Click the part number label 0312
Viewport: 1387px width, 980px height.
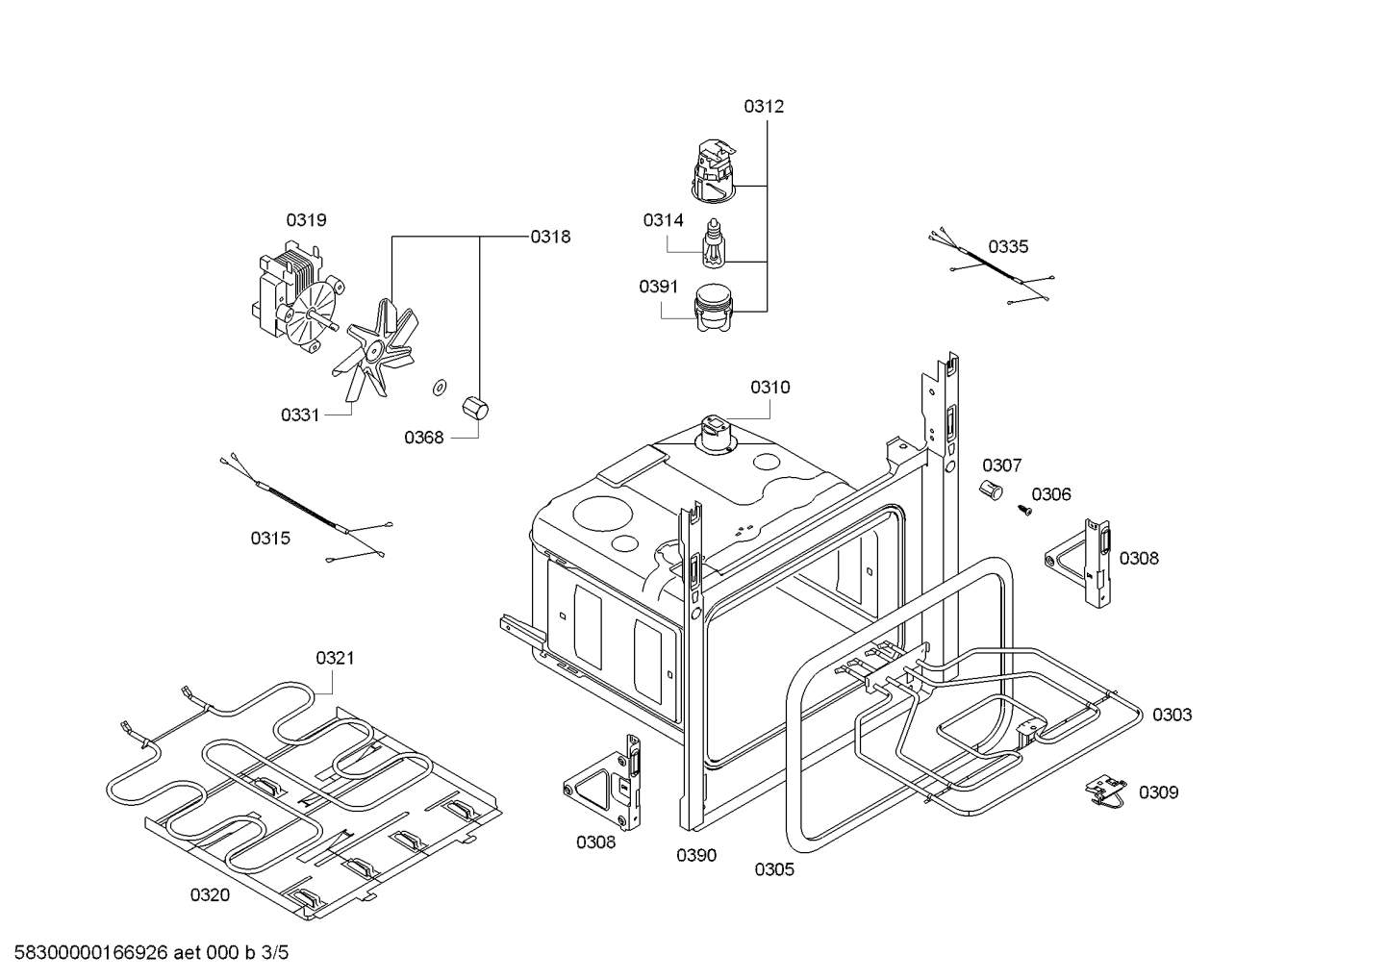[x=764, y=107]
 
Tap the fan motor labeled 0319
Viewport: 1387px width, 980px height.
[x=297, y=297]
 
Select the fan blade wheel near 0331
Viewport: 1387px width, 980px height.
[x=375, y=347]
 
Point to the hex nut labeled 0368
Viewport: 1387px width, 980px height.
[x=475, y=409]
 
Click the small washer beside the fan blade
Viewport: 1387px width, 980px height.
[x=439, y=387]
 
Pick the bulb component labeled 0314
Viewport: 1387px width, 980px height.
[x=715, y=242]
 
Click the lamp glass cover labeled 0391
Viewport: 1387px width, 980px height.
[x=714, y=308]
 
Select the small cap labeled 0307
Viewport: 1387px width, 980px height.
[x=991, y=490]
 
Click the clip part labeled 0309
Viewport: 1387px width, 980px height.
[x=1105, y=792]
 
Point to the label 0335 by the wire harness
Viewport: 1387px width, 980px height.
[x=1008, y=247]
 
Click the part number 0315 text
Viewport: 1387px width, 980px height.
[x=270, y=539]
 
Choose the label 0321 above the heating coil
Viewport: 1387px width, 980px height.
[x=335, y=658]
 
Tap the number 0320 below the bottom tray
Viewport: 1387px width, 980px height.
[x=210, y=895]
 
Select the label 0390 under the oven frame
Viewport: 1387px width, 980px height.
[x=696, y=856]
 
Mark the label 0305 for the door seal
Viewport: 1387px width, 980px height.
[x=774, y=869]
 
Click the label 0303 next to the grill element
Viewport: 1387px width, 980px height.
[x=1173, y=715]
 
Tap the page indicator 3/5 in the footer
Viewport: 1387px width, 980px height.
[x=274, y=952]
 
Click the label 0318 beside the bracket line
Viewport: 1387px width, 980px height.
[x=550, y=238]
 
